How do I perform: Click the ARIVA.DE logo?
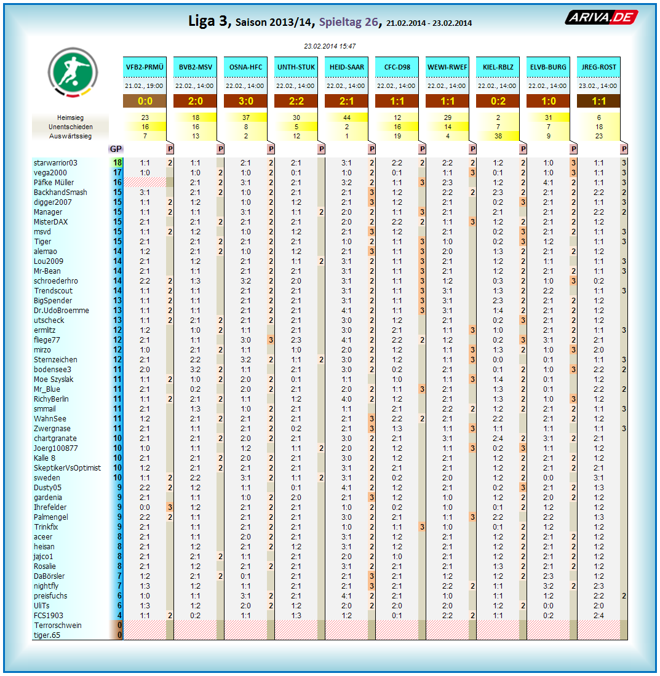tap(601, 17)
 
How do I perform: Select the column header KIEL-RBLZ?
tap(498, 67)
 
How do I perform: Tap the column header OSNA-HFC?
tap(245, 67)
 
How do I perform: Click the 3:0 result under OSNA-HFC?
tap(245, 101)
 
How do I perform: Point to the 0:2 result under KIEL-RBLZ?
tap(498, 101)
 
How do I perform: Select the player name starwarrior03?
tap(55, 163)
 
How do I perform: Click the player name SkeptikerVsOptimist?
tap(67, 468)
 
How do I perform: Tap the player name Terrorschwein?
tap(58, 626)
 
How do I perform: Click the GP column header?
tap(116, 149)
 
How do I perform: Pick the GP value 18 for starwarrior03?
tap(117, 163)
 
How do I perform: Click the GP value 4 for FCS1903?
tap(117, 616)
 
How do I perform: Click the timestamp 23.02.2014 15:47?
tap(330, 46)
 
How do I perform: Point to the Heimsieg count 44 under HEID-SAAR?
tap(346, 117)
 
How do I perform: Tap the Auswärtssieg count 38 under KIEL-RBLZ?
tap(498, 136)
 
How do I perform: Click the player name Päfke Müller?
tap(54, 183)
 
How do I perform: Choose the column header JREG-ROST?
tap(598, 67)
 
